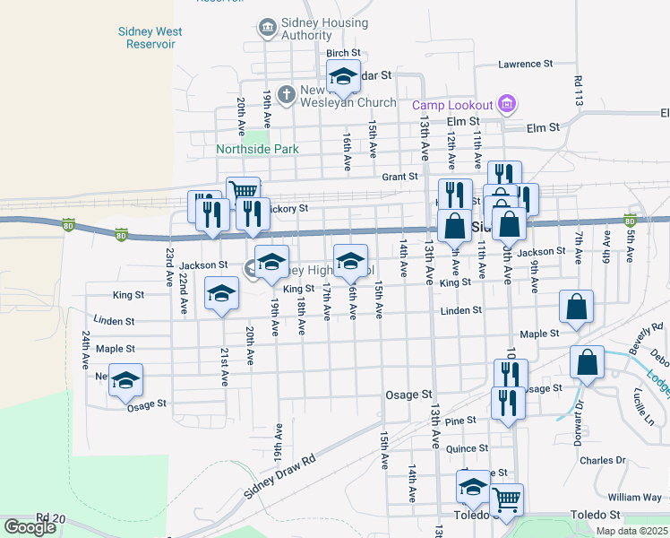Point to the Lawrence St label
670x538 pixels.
coord(526,65)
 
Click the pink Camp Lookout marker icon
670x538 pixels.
coord(508,105)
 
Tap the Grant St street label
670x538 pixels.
coord(400,177)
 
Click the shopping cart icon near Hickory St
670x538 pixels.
coord(243,190)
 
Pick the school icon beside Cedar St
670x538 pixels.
coord(342,78)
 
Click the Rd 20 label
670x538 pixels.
coord(52,518)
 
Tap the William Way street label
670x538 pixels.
coord(634,497)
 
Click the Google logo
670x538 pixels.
coord(30,527)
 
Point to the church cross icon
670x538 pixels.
coord(286,93)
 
